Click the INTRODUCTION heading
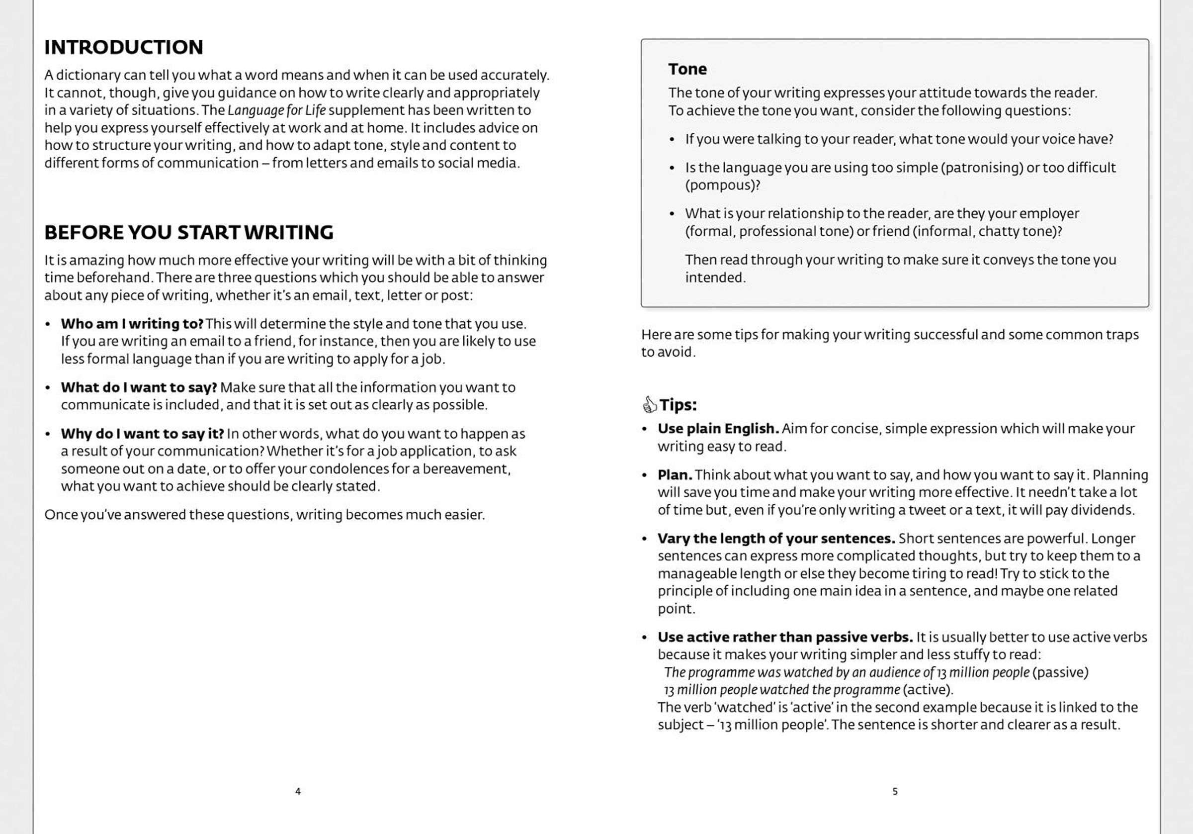pos(124,47)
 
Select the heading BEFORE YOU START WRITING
pos(188,232)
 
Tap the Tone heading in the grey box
pos(687,69)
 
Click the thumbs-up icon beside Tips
pos(650,404)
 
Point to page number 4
pos(298,791)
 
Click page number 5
pos(895,791)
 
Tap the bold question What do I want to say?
pos(139,387)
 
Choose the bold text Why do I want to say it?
pos(142,434)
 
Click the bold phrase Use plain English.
pos(718,429)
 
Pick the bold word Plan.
pos(675,475)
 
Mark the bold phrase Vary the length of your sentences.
pos(776,538)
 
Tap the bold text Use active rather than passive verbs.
pos(785,637)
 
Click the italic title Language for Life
pos(276,111)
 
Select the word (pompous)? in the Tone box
pos(722,185)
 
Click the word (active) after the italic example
pos(928,690)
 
